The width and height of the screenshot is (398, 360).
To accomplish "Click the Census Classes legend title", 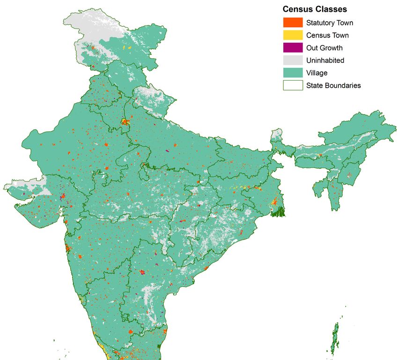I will [315, 9].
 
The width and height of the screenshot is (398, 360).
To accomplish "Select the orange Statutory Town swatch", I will [292, 22].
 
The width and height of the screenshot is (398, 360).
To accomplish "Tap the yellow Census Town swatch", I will [292, 35].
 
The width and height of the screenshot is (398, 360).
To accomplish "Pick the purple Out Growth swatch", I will [292, 48].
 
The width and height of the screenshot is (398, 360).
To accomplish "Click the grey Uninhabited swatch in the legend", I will [292, 60].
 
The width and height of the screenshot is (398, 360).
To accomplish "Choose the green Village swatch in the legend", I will [292, 73].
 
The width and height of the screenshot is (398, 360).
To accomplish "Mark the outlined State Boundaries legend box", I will [292, 85].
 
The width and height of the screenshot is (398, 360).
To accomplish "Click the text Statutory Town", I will [330, 22].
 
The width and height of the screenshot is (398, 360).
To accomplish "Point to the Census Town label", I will [327, 35].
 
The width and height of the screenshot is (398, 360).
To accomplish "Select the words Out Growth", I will [324, 48].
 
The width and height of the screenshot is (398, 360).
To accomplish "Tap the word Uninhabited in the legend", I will [325, 60].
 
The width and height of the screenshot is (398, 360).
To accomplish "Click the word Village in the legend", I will [317, 73].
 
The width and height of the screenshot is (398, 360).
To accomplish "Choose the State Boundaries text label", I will [333, 85].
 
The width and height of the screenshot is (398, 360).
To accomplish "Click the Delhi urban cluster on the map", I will [125, 121].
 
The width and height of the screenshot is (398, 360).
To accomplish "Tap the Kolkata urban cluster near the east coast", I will [274, 202].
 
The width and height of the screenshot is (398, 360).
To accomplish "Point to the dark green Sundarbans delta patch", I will [280, 211].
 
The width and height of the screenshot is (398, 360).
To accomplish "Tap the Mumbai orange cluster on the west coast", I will [68, 248].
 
